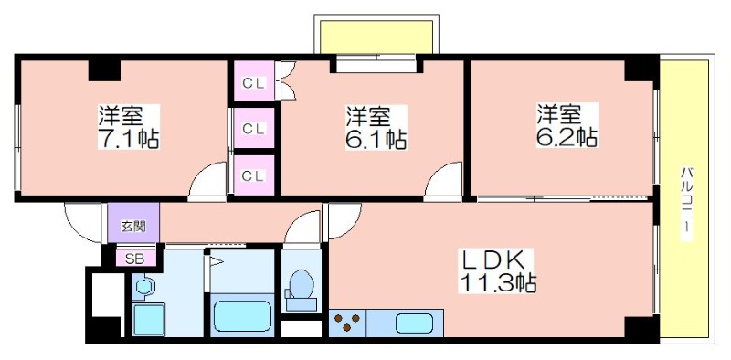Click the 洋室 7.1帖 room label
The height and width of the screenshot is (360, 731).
pos(129,127)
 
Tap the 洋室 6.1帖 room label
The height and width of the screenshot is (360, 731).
pos(376,127)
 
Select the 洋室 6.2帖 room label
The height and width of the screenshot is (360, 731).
pos(567,125)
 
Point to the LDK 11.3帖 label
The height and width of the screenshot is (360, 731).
pos(497,271)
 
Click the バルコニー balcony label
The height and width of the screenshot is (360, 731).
pos(687,203)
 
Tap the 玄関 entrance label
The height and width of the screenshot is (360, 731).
pos(133,227)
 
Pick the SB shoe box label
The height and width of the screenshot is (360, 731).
pos(134,259)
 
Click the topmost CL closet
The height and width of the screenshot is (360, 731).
pos(254,80)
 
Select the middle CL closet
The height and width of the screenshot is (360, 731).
pos(254,128)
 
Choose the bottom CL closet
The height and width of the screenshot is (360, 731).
pos(254,175)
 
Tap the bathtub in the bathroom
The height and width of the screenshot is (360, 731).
pos(242,316)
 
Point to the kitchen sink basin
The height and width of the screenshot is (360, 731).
pos(414,323)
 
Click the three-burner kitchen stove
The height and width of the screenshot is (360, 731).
pos(347,323)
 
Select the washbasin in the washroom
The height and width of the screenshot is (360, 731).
pos(144,286)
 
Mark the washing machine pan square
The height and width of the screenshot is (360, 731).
pos(149,319)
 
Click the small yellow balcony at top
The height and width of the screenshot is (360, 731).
pos(376,37)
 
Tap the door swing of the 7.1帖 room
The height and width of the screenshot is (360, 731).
pos(207,182)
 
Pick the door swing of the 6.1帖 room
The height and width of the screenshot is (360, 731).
pos(443,182)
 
